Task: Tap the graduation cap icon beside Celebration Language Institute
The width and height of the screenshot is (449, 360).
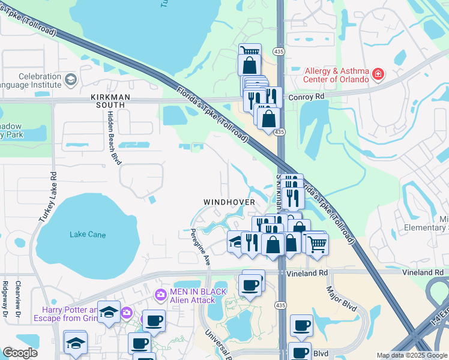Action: pos(71,80)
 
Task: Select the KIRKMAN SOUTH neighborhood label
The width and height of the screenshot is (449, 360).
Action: pos(107,100)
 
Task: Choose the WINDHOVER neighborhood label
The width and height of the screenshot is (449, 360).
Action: pos(229,202)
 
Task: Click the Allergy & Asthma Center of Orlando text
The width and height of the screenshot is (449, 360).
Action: pos(336,75)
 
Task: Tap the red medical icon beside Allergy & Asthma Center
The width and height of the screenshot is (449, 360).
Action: pos(378,75)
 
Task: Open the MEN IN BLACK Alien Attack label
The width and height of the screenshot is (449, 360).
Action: pos(197,296)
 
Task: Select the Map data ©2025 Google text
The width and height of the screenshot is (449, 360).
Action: pos(411,355)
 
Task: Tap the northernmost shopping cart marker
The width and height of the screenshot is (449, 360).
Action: pos(250,52)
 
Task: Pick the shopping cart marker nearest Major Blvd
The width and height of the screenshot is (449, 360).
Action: pos(317,242)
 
